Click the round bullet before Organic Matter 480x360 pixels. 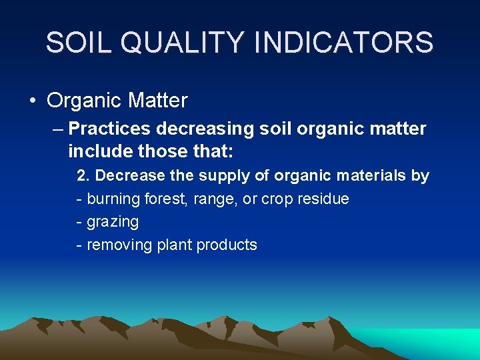click(33, 101)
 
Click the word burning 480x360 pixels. click(114, 199)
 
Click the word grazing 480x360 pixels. click(113, 222)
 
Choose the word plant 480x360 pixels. click(173, 245)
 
